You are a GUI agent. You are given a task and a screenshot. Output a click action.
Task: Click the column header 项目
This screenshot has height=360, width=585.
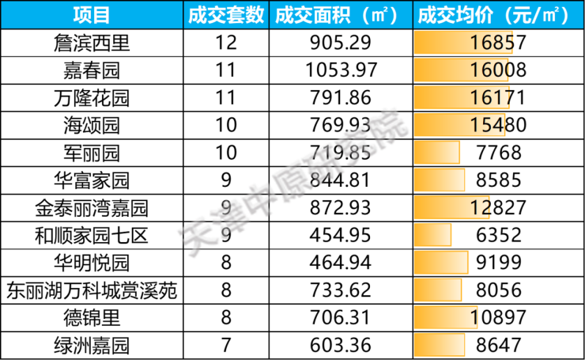point(92,15)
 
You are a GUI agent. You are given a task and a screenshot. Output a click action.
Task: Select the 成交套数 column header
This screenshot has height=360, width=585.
point(226,15)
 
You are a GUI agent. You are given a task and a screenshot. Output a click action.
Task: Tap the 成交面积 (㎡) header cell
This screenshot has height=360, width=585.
point(341,15)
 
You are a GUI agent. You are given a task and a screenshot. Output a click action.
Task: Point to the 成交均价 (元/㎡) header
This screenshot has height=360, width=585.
point(499,15)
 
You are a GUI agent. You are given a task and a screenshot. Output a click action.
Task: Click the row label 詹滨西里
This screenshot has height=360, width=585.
point(92,43)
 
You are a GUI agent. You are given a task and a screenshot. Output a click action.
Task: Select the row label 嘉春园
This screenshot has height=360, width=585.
point(92,70)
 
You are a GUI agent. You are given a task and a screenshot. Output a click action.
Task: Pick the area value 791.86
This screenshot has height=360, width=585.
point(341,98)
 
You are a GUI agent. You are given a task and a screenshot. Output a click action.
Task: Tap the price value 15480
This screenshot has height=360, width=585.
point(498,125)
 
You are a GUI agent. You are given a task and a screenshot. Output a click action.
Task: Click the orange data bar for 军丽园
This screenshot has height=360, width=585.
point(437,153)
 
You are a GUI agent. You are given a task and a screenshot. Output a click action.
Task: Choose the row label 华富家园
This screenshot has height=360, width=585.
point(92,180)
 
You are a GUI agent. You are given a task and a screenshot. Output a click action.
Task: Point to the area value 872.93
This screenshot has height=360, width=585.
point(341,207)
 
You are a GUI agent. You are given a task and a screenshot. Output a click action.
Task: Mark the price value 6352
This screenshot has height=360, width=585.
point(499,235)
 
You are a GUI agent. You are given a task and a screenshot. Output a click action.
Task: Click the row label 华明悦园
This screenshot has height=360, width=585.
point(92,263)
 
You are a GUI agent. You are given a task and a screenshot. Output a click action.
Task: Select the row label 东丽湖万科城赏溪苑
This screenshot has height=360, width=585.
point(92,290)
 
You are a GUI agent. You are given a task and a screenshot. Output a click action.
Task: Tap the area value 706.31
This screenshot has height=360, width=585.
point(340,318)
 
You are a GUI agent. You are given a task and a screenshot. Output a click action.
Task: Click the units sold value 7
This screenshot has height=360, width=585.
point(226,346)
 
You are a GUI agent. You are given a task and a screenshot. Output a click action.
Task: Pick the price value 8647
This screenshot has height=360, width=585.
point(499,346)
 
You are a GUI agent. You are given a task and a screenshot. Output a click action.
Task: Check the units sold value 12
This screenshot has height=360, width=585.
point(226,43)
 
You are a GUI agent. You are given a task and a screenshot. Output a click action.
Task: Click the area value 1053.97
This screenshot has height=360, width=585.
point(342,70)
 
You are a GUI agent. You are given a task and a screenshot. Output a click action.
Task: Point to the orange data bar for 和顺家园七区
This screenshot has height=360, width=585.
point(432,235)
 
